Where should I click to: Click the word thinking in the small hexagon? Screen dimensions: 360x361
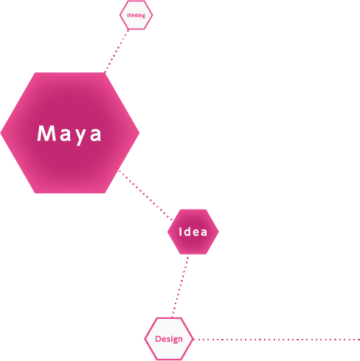[136, 16]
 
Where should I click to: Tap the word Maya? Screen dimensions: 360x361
[69, 134]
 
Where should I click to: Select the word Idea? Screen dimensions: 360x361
[193, 232]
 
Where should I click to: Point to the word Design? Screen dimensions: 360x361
[169, 339]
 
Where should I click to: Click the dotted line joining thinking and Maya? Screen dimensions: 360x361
[117, 51]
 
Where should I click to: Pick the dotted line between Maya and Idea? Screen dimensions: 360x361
[145, 195]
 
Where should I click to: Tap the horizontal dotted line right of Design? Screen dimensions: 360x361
[277, 340]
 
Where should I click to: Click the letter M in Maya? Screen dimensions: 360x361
[46, 133]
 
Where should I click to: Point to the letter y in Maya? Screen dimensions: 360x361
[80, 137]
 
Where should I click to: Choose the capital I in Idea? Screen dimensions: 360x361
[181, 232]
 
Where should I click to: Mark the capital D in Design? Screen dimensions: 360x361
[158, 339]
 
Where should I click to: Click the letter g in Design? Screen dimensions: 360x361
[175, 340]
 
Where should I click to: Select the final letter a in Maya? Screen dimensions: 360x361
[96, 135]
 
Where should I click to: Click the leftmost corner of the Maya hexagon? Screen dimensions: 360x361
[1, 133]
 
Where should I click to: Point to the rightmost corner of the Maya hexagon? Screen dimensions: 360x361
[139, 133]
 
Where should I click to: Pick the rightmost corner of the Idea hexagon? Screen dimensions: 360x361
[218, 232]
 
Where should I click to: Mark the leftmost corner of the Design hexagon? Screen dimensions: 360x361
[145, 339]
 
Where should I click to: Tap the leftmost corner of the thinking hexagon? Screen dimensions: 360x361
[120, 15]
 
